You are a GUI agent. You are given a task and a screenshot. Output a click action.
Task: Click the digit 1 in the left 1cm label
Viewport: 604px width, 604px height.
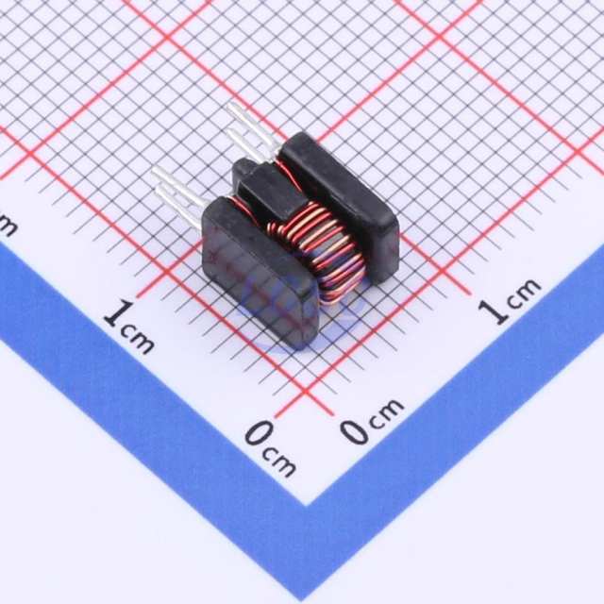119,312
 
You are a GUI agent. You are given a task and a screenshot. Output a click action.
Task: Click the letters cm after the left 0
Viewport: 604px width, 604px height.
279,462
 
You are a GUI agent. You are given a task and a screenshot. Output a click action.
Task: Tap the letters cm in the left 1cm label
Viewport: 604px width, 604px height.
138,339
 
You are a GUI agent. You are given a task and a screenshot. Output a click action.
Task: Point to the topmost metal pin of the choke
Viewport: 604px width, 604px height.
252,126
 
